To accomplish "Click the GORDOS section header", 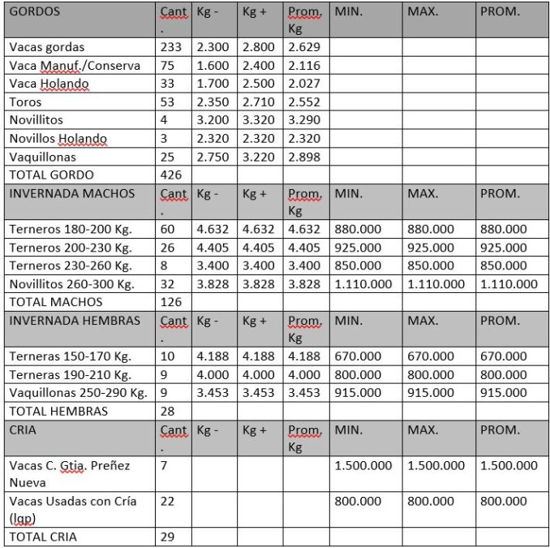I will [34, 13].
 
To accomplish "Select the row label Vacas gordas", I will [47, 48].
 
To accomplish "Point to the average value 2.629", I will [304, 48].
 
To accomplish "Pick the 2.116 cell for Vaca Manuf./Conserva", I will [304, 66].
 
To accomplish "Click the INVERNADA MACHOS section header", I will [71, 194].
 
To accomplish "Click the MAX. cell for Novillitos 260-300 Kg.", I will [436, 284].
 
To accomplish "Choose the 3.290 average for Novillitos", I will [304, 120].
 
